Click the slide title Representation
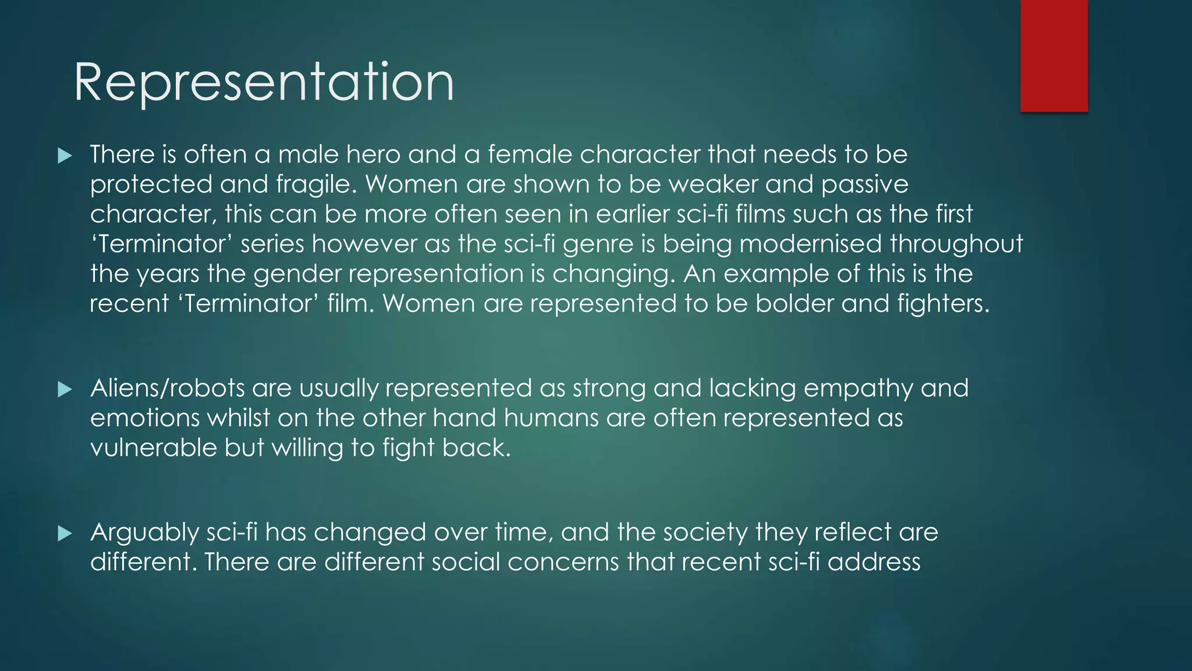point(264,83)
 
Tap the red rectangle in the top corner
point(1053,56)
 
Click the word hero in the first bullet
point(373,154)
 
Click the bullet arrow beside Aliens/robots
point(65,389)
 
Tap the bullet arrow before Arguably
point(65,534)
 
